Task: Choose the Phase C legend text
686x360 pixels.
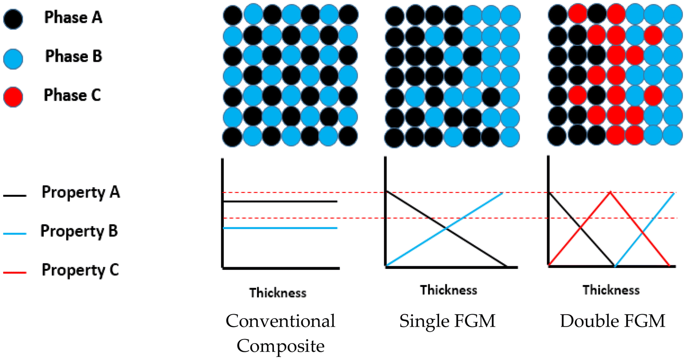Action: [72, 96]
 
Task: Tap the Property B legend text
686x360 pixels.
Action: [79, 231]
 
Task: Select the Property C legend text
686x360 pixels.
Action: [80, 269]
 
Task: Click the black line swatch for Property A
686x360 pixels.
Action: [15, 196]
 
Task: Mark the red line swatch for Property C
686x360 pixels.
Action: [15, 273]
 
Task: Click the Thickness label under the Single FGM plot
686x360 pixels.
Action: [449, 290]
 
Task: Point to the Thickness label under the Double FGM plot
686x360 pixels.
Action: [611, 290]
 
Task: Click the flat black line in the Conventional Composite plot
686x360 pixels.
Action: [280, 201]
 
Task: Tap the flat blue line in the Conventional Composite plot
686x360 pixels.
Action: [280, 228]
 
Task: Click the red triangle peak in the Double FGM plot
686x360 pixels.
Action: [610, 193]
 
